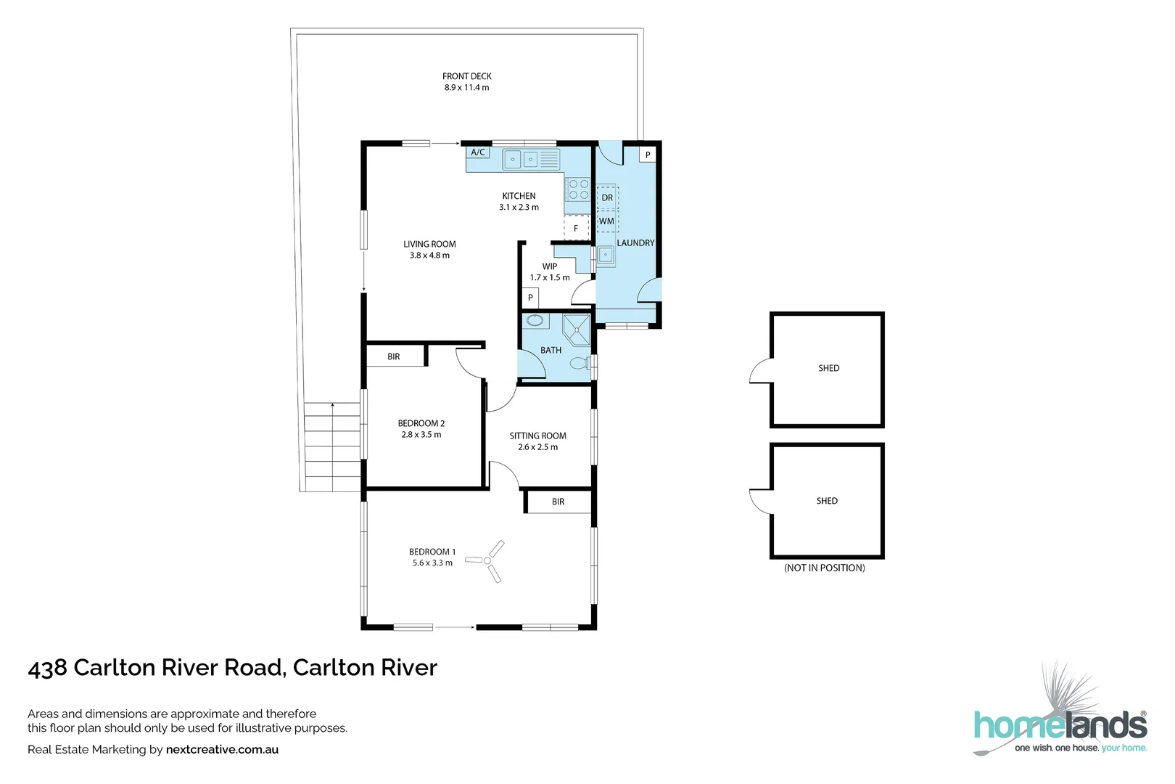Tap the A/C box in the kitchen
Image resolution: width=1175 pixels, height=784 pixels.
point(478,152)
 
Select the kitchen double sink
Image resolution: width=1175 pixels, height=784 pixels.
point(521,159)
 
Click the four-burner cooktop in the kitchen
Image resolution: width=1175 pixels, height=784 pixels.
point(578,189)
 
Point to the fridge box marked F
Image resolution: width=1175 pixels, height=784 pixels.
point(576,228)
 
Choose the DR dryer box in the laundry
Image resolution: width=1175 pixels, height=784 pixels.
point(607,197)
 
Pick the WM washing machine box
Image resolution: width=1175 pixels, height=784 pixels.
point(607,221)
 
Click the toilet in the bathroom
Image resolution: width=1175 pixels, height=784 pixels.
point(580,363)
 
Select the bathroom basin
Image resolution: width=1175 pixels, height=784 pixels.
point(535,320)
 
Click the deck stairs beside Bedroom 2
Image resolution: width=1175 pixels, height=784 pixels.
point(332,446)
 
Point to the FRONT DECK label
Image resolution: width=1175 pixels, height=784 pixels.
point(467,76)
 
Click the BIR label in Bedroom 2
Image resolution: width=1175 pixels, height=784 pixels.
point(394,356)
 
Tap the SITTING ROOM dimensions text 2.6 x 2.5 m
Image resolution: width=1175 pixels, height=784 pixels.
point(538,447)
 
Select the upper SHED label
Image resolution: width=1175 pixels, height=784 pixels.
point(829,368)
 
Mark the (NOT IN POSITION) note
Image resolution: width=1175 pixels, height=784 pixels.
point(825,568)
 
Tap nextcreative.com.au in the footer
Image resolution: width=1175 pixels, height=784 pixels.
point(222,750)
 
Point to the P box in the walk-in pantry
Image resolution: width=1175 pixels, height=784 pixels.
point(530,298)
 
